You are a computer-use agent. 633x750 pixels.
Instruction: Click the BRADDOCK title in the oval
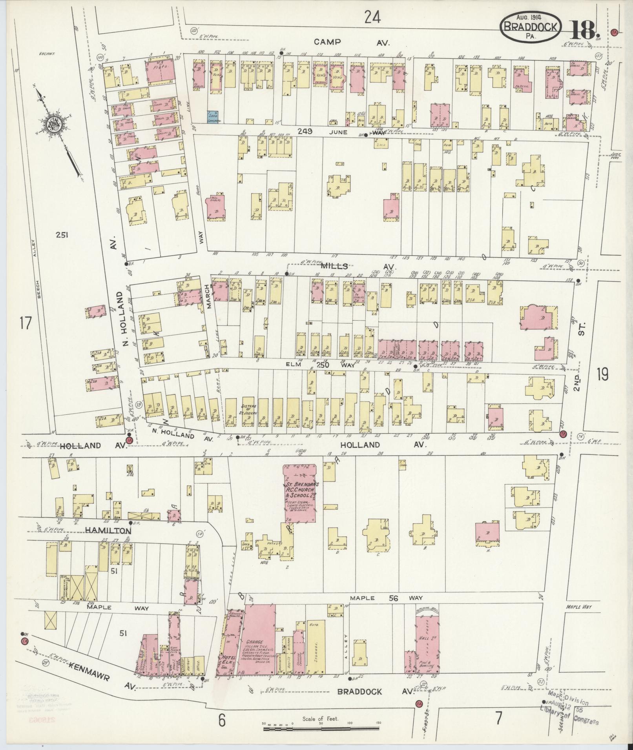point(530,27)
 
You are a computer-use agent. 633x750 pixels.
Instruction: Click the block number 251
point(62,235)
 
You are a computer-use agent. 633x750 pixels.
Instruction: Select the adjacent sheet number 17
point(25,324)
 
